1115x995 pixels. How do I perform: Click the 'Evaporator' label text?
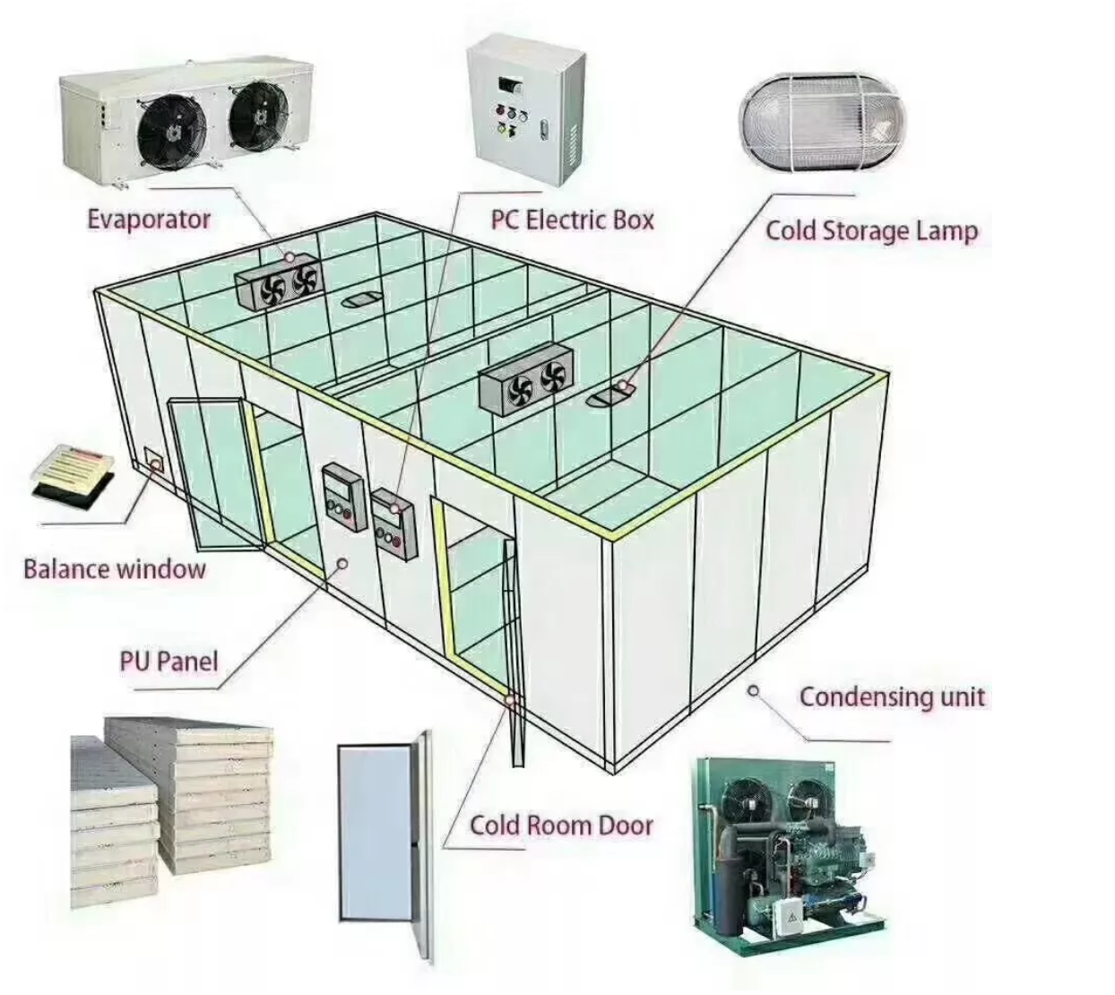[149, 219]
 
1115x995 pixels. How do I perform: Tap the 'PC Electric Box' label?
[572, 220]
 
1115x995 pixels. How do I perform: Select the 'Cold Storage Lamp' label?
[870, 231]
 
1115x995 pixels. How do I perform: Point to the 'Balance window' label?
[114, 568]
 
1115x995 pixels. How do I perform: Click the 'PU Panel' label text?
[169, 662]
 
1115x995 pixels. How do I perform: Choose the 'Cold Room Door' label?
[561, 825]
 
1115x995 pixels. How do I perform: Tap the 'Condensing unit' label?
[892, 696]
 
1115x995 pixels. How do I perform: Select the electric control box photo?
[526, 108]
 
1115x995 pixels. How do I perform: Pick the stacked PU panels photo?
[170, 798]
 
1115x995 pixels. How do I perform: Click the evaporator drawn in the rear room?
[278, 281]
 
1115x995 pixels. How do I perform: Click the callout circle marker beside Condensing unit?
[754, 690]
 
